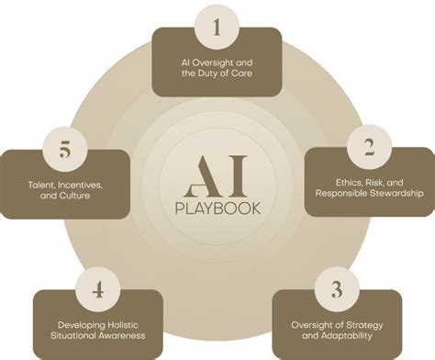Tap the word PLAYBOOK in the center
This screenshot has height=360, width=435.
coord(217,207)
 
